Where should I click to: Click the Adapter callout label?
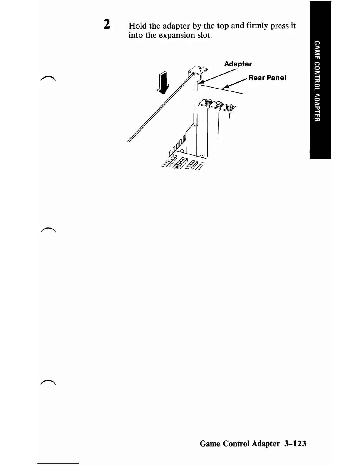pyautogui.click(x=238, y=64)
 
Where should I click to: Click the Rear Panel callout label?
pyautogui.click(x=267, y=78)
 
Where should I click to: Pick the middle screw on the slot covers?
pyautogui.click(x=219, y=104)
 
